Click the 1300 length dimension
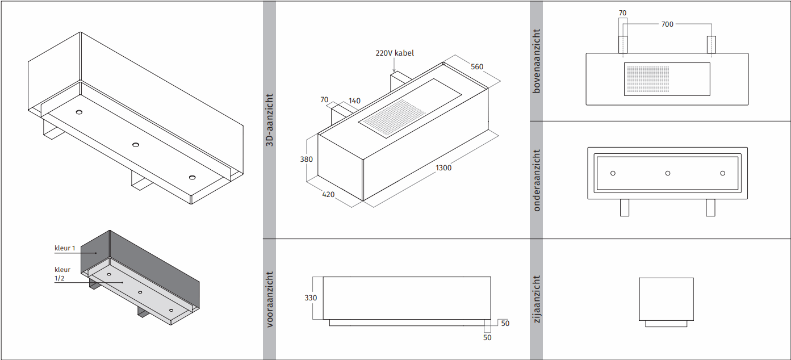pos(443,168)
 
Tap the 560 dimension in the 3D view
pos(477,67)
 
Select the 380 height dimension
pos(306,160)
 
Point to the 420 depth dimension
pos(328,194)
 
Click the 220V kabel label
pos(395,53)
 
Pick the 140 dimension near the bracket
pos(354,101)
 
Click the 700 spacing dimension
pos(667,24)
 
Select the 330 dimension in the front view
pos(311,298)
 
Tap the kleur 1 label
pos(65,248)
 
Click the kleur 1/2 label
pos(62,274)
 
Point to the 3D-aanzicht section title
pos(269,120)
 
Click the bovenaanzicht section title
pos(536,61)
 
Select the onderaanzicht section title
pos(536,180)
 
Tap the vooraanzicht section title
pos(269,299)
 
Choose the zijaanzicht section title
pos(536,299)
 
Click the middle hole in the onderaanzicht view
pos(667,173)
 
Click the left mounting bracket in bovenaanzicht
pos(623,44)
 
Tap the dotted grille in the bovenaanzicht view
pos(648,79)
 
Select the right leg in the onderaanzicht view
pos(710,207)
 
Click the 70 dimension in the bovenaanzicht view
pos(622,13)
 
